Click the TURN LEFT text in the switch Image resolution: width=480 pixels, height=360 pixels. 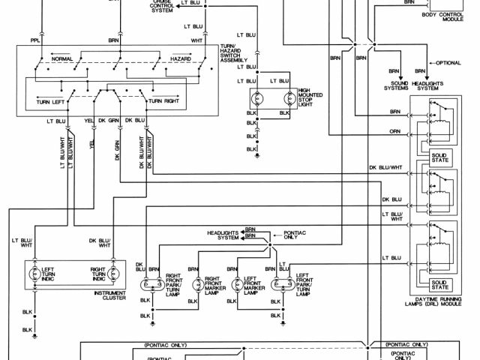click(x=56, y=100)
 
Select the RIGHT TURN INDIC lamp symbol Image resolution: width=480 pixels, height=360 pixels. click(x=113, y=274)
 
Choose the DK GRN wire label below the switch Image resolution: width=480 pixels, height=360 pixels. click(x=113, y=120)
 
